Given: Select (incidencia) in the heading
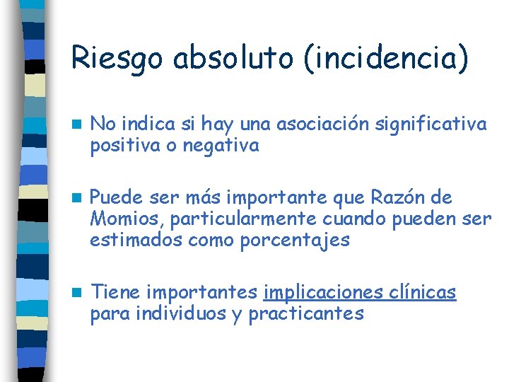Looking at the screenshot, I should [385, 57].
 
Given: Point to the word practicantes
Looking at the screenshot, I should [306, 313].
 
